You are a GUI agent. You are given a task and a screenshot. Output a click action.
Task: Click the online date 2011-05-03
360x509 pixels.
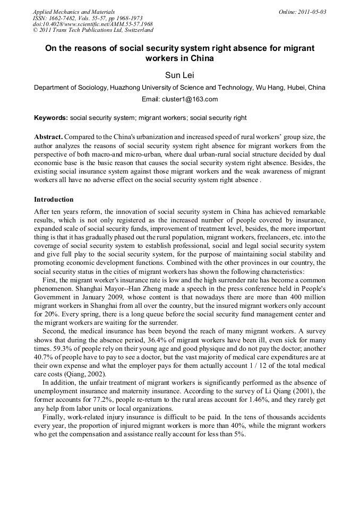click(x=310, y=12)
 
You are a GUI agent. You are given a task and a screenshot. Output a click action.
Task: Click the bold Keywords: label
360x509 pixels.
click(x=51, y=118)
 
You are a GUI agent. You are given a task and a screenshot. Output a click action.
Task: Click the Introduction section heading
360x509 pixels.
click(x=54, y=200)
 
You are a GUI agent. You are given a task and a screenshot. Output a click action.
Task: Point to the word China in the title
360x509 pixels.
click(x=202, y=58)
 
